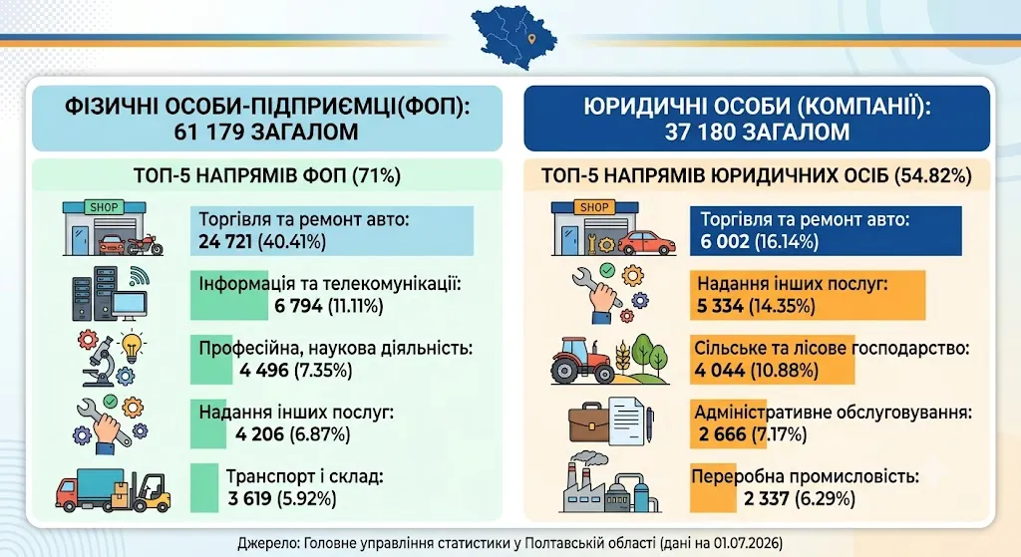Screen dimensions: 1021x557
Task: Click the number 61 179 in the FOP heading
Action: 208,132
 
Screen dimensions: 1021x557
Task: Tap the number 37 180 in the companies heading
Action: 699,133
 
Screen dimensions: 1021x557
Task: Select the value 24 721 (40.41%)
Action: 262,242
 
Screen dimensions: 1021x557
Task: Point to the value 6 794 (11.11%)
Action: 329,306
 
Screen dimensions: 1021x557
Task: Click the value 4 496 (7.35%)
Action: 295,371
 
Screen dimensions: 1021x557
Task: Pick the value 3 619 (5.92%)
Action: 282,499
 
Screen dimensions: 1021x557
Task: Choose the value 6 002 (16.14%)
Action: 759,242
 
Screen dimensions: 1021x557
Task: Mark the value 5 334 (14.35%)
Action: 756,306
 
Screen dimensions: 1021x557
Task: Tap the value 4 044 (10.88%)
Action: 756,371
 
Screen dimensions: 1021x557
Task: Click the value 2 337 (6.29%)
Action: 800,499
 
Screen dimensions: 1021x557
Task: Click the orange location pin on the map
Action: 532,39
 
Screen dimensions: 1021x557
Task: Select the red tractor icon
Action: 582,360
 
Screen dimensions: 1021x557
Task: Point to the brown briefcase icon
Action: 589,422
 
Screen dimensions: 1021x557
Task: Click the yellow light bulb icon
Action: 133,348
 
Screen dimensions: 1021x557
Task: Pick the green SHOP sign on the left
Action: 104,207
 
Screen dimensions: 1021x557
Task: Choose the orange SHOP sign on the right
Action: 594,207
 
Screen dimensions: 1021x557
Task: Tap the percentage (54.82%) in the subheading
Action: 933,176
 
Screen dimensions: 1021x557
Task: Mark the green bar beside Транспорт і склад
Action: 204,488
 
